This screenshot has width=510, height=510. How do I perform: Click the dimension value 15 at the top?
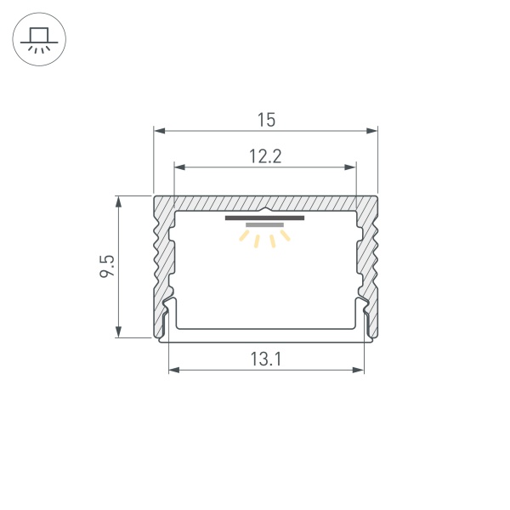pyautogui.click(x=266, y=120)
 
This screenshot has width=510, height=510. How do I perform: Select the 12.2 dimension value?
pyautogui.click(x=265, y=156)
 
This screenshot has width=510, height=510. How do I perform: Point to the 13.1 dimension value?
pyautogui.click(x=266, y=360)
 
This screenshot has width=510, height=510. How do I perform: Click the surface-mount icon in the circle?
pyautogui.click(x=38, y=39)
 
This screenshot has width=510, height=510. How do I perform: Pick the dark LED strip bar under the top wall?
pyautogui.click(x=264, y=218)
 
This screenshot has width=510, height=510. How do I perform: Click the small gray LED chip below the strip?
pyautogui.click(x=264, y=225)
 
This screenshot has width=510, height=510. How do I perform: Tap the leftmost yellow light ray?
pyautogui.click(x=243, y=238)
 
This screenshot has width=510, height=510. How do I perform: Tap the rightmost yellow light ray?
pyautogui.click(x=286, y=236)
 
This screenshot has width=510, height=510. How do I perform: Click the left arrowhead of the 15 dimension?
pyautogui.click(x=158, y=131)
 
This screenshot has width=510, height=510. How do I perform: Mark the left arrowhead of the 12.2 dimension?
pyautogui.click(x=178, y=167)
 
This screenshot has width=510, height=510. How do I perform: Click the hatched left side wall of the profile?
pyautogui.click(x=161, y=263)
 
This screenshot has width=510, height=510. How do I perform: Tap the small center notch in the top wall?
pyautogui.click(x=265, y=209)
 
